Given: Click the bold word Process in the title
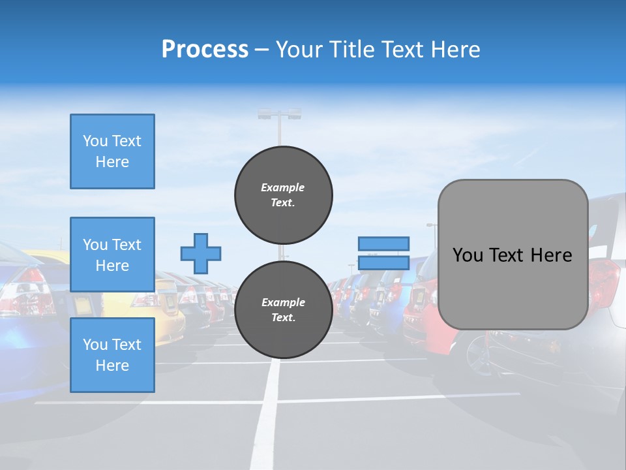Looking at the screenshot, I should (205, 50).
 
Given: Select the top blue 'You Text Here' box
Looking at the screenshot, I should (112, 151).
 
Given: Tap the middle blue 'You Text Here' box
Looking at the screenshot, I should (112, 255).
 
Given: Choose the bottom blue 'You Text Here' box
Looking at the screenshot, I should (112, 355).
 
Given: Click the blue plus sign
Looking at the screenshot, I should (201, 253).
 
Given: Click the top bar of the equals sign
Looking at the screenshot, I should (383, 243).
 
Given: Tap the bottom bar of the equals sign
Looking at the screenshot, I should (383, 262).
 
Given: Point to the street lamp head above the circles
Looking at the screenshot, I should (280, 114).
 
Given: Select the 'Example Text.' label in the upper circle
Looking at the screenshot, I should (283, 195).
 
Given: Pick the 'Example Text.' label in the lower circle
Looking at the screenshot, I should (283, 310).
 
